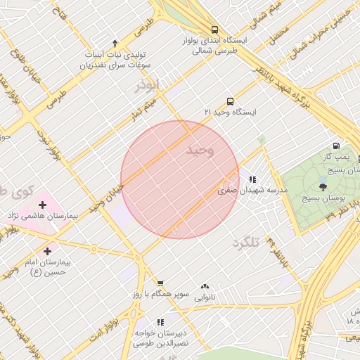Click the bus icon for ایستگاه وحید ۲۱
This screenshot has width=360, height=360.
(x=230, y=101)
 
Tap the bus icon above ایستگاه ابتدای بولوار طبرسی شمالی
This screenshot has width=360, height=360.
(x=214, y=30)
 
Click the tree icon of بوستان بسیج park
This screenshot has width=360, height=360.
(x=323, y=185)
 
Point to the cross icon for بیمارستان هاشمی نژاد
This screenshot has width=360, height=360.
(x=43, y=205)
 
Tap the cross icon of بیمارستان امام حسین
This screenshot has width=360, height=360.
(x=47, y=251)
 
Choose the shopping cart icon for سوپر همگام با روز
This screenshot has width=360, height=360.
(x=160, y=283)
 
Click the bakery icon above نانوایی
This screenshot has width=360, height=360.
(x=205, y=286)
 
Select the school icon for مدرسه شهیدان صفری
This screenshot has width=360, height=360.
(x=252, y=179)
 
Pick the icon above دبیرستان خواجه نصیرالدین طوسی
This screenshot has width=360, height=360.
(x=160, y=322)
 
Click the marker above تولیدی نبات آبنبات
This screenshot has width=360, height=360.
(x=115, y=44)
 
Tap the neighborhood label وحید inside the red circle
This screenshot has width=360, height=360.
(x=200, y=150)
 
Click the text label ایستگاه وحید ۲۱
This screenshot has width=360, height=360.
(x=231, y=112)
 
